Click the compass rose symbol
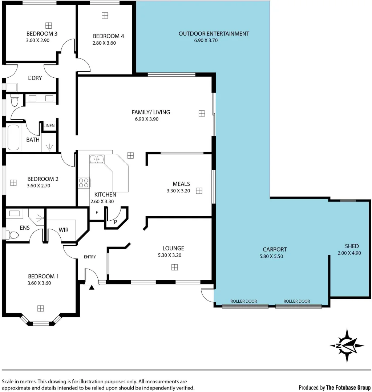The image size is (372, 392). coord(347,346)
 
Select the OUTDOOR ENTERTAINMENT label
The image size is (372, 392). coord(214,34)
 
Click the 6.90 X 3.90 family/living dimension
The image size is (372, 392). coord(146,119)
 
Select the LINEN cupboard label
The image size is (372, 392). coord(49,126)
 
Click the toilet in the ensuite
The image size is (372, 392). coord(13,235)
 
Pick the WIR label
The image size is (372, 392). coord(64,230)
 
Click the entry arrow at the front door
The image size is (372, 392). coord(92,287)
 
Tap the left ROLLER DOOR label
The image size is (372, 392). coord(244,301)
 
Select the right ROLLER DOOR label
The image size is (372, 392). coord(296,301)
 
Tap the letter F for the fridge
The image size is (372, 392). coord(97,213)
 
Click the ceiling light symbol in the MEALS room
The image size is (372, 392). coord(199,191)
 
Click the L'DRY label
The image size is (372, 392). coord(35,78)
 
